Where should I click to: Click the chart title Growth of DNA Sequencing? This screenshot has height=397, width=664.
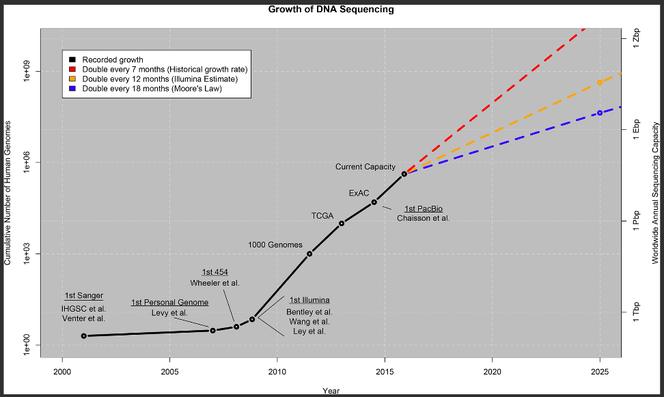[331, 10]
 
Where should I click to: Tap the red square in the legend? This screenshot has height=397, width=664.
[72, 69]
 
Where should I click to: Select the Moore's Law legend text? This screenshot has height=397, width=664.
[152, 89]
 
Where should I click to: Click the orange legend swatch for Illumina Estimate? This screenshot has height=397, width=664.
[72, 79]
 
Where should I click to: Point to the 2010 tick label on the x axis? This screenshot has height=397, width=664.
[277, 372]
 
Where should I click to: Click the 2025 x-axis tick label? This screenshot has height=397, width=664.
[600, 372]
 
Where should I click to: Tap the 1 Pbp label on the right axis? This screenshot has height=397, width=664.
[636, 221]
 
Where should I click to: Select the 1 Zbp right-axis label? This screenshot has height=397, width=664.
[636, 38]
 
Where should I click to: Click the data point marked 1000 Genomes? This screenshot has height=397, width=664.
[309, 254]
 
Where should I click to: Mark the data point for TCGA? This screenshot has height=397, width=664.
[342, 223]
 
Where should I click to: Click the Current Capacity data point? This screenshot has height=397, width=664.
[404, 174]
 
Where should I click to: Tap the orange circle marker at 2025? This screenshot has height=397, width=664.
[600, 82]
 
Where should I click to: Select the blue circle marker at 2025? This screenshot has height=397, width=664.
[600, 113]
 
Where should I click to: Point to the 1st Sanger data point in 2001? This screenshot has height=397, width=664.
[84, 336]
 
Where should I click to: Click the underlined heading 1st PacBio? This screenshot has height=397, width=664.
[424, 209]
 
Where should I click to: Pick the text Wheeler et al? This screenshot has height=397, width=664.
[215, 283]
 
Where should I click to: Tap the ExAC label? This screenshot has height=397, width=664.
[359, 193]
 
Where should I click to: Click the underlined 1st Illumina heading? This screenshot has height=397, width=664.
[309, 301]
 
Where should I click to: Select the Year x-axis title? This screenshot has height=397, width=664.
[331, 391]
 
